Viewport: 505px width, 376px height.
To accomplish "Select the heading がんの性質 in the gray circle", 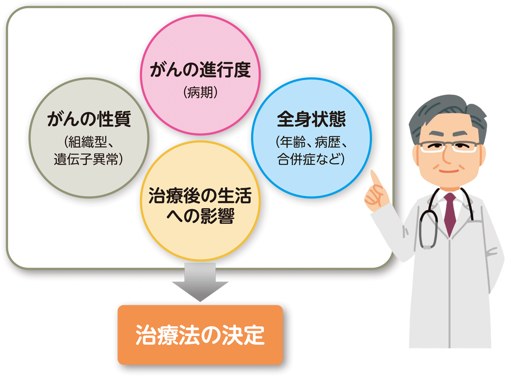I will tap(89, 121).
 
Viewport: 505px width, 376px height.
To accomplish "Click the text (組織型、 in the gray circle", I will tap(89, 141).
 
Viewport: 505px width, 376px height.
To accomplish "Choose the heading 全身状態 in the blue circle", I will tap(311, 120).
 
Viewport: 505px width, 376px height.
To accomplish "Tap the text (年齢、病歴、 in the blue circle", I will tap(311, 141).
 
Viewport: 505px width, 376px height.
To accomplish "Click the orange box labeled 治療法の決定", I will tap(200, 335).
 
